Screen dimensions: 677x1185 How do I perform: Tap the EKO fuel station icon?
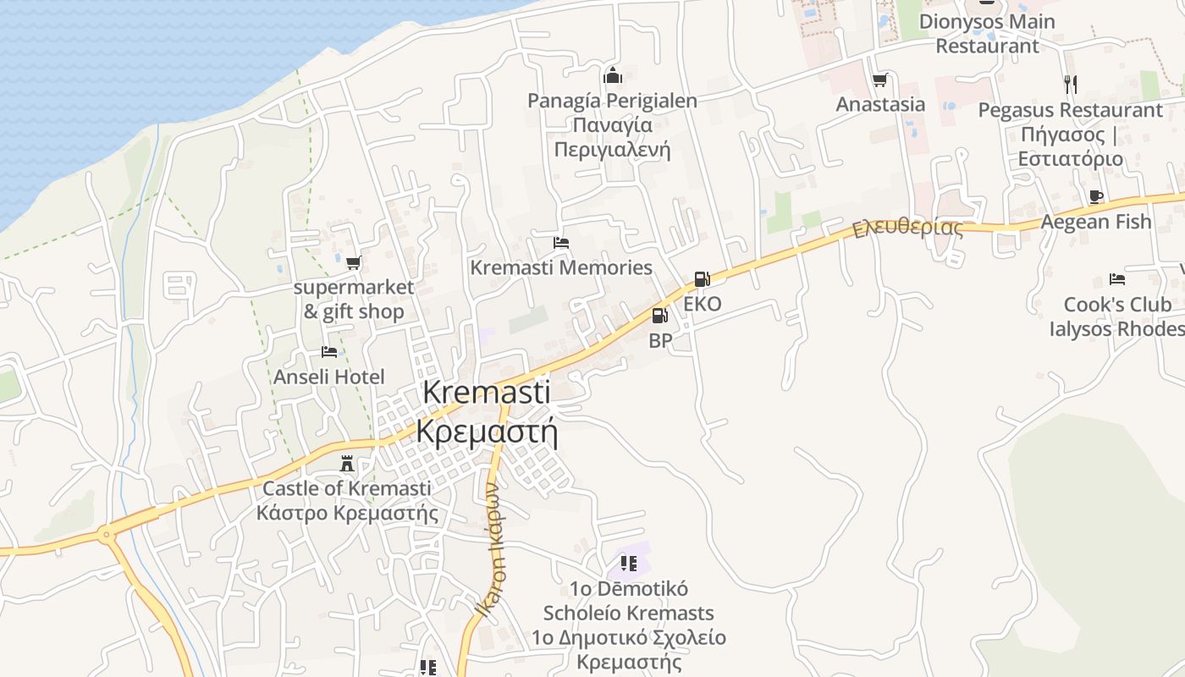[x=702, y=278]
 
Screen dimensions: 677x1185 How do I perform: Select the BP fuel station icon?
[x=659, y=316]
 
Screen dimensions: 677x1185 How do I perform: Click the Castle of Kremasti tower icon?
[x=345, y=464]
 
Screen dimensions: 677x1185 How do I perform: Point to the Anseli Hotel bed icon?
[x=329, y=352]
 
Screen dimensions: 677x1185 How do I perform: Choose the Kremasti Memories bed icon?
[x=560, y=243]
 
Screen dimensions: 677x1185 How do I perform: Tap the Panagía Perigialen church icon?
[x=613, y=76]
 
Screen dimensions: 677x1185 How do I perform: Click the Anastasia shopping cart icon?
[x=880, y=80]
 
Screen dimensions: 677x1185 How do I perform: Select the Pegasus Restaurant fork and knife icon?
[x=1071, y=84]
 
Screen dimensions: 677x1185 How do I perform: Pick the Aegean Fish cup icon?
[x=1096, y=197]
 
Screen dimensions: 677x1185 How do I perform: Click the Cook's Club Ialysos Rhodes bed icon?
[x=1117, y=279]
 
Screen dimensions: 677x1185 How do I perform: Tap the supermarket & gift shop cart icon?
[x=353, y=262]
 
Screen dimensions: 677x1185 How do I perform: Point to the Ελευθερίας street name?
[x=907, y=228]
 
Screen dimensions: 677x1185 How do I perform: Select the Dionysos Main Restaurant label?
[x=987, y=34]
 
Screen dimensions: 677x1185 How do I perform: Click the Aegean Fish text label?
[x=1096, y=222]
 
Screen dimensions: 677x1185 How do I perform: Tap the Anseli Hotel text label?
[x=329, y=377]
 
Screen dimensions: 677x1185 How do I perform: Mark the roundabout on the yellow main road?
[x=106, y=534]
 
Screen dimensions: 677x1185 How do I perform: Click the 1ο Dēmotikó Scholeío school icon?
[x=628, y=563]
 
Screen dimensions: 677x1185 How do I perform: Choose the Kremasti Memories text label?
[x=561, y=267]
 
